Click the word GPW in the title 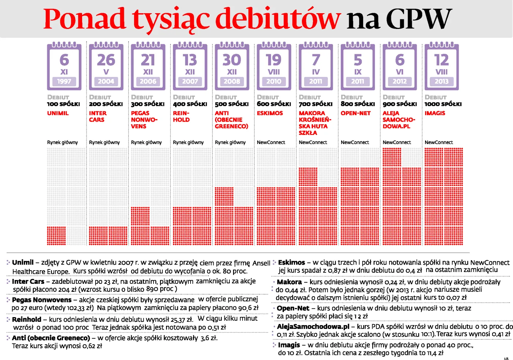(x=418, y=19)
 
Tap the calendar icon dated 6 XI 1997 (x=64, y=66)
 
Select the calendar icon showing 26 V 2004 (x=106, y=66)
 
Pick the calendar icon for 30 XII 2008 (x=232, y=66)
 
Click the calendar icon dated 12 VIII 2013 (x=442, y=66)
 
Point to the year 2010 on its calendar (x=274, y=81)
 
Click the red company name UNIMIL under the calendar (x=58, y=113)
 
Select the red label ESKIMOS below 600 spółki (x=270, y=113)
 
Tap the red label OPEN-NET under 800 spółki (x=355, y=113)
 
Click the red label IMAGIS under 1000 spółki (x=435, y=113)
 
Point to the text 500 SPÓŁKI (x=232, y=104)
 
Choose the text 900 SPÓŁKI (x=399, y=104)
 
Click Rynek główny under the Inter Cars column (x=104, y=142)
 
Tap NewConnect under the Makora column (x=313, y=142)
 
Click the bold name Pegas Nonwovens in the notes (x=42, y=300)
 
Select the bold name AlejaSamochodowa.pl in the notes (x=313, y=326)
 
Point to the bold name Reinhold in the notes (x=26, y=319)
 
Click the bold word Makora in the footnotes (x=289, y=282)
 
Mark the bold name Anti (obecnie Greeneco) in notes (x=51, y=338)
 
